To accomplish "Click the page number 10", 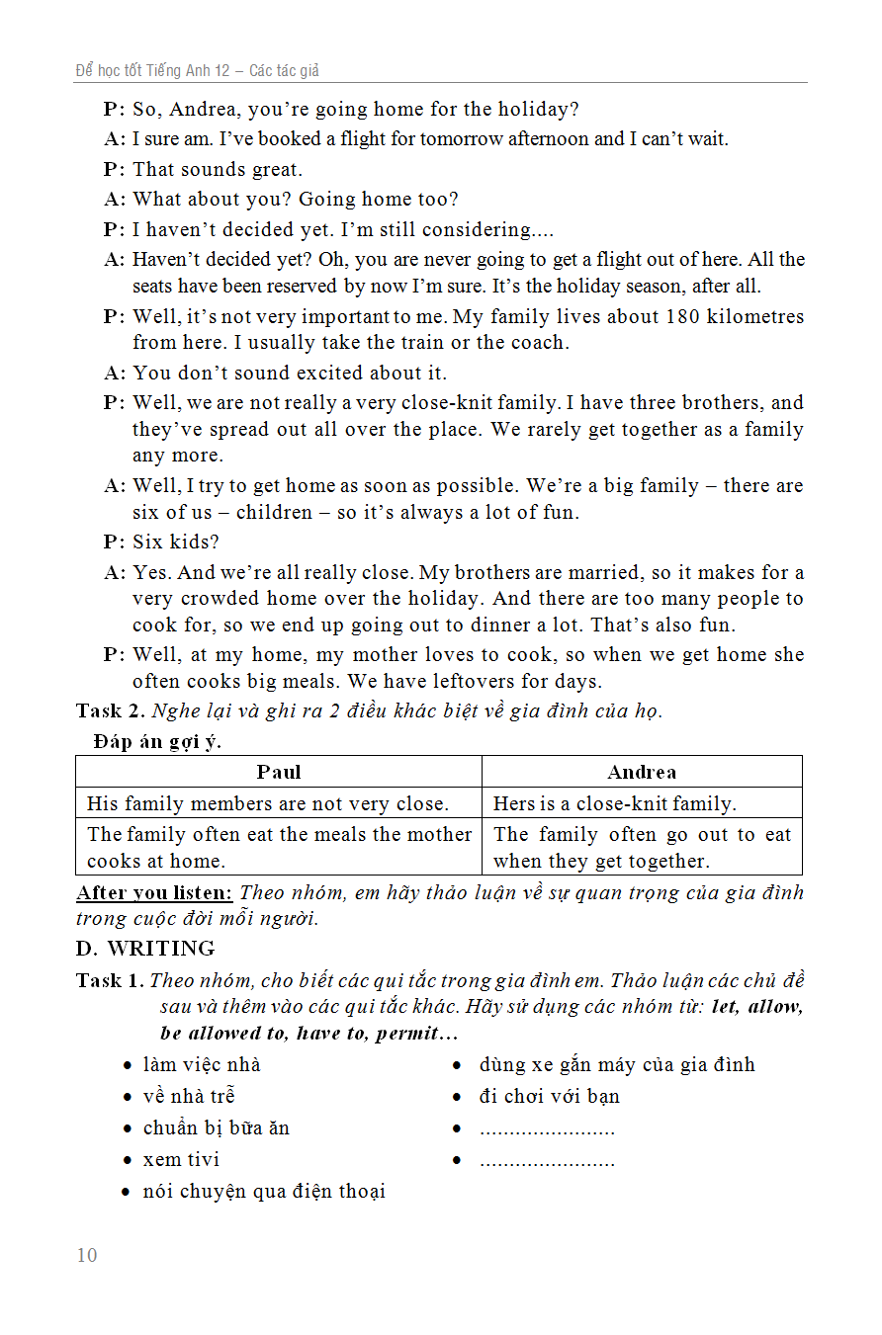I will [x=87, y=1255].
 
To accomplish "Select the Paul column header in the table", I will [x=279, y=772].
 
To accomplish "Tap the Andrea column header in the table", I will [x=642, y=772].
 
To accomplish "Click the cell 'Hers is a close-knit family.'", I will [x=614, y=803].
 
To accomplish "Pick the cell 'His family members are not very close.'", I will [x=268, y=803].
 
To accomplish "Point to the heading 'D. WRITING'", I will [x=145, y=949].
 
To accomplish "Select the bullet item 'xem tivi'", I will [x=181, y=1159].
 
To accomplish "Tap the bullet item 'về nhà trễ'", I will [x=189, y=1096].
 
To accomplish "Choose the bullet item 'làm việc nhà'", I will [x=202, y=1064].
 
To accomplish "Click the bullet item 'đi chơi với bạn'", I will [x=550, y=1096].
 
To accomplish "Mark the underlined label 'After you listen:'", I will [x=154, y=892].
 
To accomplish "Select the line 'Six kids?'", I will [x=176, y=542].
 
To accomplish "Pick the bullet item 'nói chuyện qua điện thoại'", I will [x=264, y=1191].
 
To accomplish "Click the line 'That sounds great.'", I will [x=218, y=169].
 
